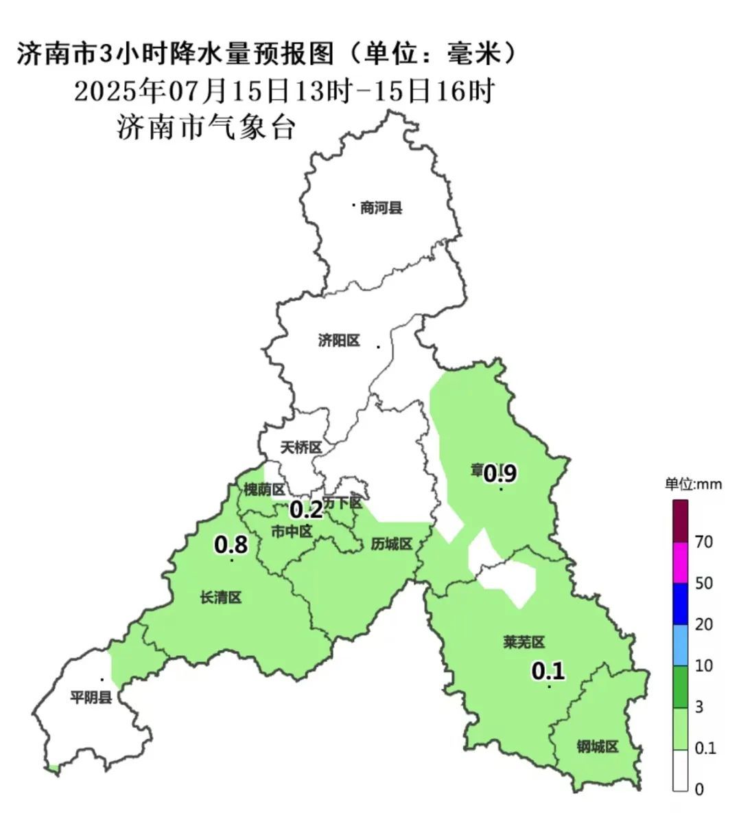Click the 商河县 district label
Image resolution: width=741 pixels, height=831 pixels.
tap(381, 207)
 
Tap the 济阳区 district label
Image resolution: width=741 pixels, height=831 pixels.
tap(339, 341)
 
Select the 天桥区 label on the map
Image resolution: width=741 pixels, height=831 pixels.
tap(301, 448)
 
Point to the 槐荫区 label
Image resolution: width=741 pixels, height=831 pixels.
tap(264, 490)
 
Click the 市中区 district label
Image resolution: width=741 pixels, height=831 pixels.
tap(292, 531)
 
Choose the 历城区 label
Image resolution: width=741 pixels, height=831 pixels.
tap(391, 544)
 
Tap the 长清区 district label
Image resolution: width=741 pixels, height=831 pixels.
tap(221, 597)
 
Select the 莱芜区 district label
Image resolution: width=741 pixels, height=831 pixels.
tap(524, 643)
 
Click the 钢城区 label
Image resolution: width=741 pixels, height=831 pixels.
tap(598, 747)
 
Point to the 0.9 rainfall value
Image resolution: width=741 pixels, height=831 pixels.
tap(500, 473)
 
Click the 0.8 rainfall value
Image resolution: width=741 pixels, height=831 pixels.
tap(231, 545)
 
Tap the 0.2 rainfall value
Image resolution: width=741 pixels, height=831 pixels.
tap(306, 510)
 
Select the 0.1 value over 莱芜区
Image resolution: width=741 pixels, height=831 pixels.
tap(548, 670)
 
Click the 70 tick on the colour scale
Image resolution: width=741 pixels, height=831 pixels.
tap(704, 542)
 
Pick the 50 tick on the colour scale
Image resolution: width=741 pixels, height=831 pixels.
tap(704, 583)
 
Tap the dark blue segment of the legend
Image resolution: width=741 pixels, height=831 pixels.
tap(680, 604)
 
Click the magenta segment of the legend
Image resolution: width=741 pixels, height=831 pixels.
tap(680, 562)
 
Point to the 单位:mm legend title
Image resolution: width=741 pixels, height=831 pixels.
tap(693, 484)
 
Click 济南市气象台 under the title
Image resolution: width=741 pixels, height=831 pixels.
tap(206, 128)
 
